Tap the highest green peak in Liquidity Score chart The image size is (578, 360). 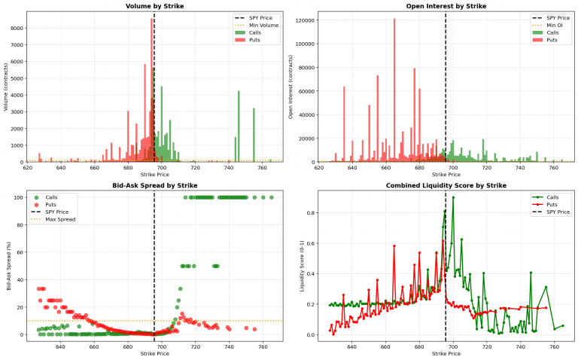(x=452, y=197)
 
